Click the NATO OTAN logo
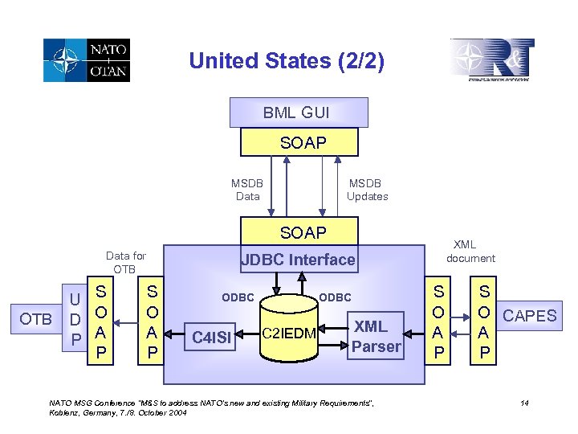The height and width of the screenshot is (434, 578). point(87,59)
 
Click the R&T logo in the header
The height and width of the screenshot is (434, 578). point(492,59)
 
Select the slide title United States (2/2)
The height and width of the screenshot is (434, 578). point(287,61)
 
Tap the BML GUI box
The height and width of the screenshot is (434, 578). point(298,113)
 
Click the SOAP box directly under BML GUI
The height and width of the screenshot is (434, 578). point(303,142)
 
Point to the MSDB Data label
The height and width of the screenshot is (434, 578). point(247,190)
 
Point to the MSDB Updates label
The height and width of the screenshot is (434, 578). point(367,190)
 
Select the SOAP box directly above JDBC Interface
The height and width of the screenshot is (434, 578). point(303,232)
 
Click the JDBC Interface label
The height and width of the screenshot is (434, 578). point(298,259)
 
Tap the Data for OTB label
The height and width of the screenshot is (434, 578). point(125,262)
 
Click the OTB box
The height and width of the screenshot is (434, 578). point(36,318)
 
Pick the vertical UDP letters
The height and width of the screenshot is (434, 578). point(74,319)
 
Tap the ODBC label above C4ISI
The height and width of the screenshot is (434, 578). point(238,297)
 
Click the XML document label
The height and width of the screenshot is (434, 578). point(470,251)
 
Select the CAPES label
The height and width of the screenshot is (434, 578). point(529,315)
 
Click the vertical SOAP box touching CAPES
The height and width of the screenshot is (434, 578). point(483,319)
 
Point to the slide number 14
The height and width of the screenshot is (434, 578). point(523,403)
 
